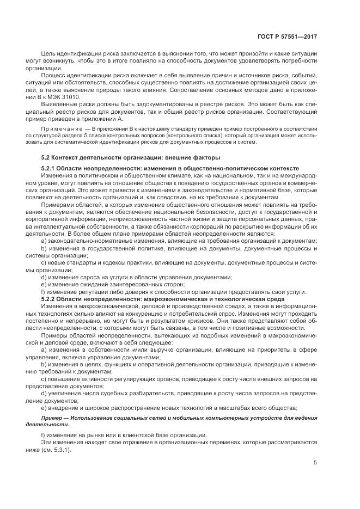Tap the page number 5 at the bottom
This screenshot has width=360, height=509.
click(x=315, y=463)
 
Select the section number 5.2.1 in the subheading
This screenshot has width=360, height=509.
click(x=50, y=169)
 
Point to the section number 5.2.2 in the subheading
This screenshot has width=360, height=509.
click(x=50, y=299)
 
